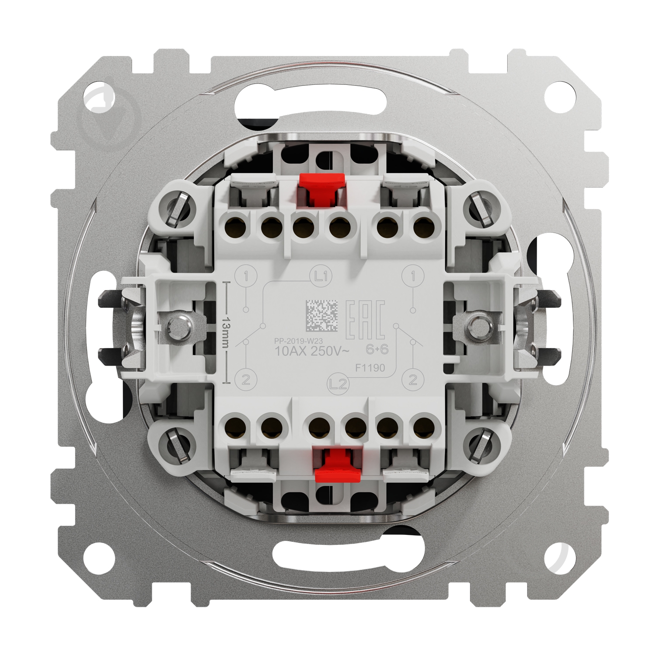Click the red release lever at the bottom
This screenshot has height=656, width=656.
[335, 465]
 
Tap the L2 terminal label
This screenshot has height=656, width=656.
[339, 384]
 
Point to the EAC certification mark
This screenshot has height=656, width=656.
[365, 320]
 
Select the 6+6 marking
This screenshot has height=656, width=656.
[377, 349]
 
